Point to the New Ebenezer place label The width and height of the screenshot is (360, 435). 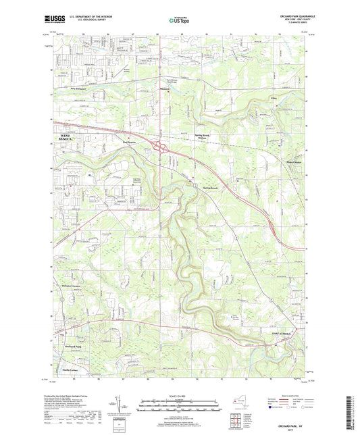click(81, 88)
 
